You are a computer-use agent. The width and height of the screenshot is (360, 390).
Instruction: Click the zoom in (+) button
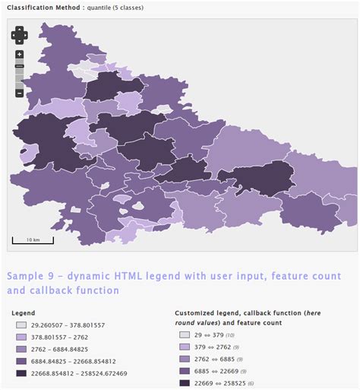tap(20, 55)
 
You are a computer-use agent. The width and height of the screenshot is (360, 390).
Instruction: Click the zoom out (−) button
tap(20, 93)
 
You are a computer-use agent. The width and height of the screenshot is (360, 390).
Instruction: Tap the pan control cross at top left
tap(20, 34)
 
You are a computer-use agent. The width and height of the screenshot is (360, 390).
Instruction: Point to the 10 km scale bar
tap(33, 241)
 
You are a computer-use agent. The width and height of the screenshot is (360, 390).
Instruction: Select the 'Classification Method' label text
tap(39, 8)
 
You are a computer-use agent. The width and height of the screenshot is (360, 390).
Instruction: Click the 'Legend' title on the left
tap(24, 312)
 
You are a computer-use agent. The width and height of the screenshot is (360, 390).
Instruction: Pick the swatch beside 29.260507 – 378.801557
tap(21, 325)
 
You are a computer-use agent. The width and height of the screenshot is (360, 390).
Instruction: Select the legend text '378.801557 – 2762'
tap(58, 337)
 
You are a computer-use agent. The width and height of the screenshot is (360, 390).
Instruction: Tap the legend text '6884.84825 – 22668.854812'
tap(73, 361)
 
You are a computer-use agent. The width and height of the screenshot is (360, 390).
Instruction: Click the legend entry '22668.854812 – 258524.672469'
tap(79, 373)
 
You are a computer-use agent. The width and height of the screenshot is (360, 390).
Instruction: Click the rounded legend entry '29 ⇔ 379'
tap(206, 335)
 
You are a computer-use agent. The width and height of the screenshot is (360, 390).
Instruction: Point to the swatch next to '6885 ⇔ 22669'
tap(185, 371)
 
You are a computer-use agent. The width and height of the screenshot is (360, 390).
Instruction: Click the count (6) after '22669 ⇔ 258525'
tap(251, 383)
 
